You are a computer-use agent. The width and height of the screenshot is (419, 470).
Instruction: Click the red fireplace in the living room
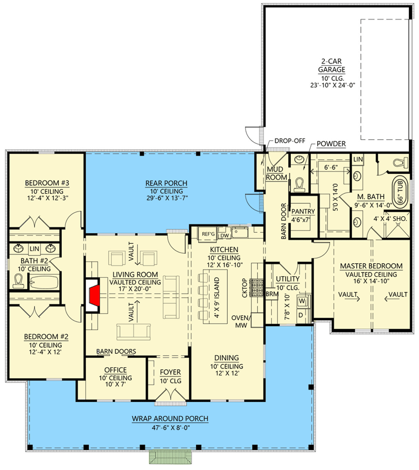94,296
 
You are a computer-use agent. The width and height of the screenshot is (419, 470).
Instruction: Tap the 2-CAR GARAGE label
332,65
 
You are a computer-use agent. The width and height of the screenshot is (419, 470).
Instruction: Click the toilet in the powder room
299,184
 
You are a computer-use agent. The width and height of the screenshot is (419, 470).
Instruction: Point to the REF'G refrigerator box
208,234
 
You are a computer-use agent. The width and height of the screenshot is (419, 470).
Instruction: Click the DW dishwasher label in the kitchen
225,236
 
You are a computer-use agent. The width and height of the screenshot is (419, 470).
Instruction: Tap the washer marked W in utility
302,301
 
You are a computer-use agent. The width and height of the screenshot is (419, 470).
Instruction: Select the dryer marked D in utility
301,315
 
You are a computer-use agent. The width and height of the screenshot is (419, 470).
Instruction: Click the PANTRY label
303,211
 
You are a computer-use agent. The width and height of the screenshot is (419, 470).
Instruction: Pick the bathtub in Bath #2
44,283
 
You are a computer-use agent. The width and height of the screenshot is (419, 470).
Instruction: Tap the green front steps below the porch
171,457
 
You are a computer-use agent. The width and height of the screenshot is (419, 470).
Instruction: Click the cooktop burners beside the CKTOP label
257,288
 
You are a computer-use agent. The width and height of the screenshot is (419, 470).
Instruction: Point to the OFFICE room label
115,370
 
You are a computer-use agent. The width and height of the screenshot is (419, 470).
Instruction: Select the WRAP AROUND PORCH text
170,419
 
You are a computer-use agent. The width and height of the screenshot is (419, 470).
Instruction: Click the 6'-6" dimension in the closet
331,167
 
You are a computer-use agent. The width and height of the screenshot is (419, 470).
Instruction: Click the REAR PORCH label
167,183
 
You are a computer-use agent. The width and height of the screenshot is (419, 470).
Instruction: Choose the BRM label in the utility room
272,294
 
